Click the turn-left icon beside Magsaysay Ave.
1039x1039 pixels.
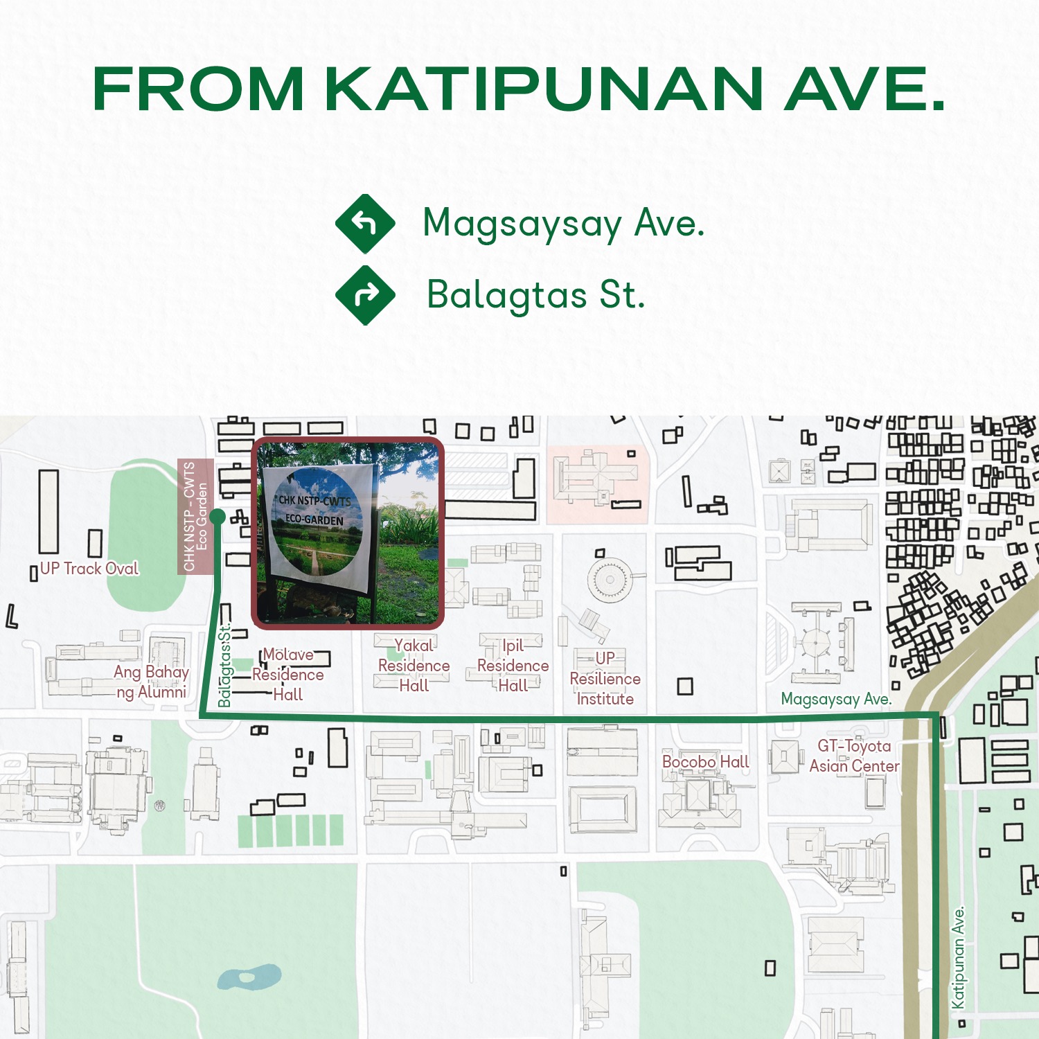(365, 224)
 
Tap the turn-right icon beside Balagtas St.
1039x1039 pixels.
(365, 295)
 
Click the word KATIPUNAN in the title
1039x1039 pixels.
(544, 89)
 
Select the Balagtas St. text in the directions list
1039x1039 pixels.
(535, 295)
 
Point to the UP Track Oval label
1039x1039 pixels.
(89, 569)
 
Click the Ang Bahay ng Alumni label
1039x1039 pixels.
(151, 682)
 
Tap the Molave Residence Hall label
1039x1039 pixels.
(288, 674)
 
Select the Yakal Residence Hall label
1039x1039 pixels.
(414, 665)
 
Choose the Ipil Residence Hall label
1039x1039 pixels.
(513, 665)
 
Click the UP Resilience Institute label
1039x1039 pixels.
(605, 678)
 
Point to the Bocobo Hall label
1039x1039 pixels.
(705, 762)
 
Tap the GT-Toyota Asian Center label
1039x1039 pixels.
(854, 756)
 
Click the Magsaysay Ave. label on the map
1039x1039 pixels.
(836, 699)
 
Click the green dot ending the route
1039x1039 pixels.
(217, 517)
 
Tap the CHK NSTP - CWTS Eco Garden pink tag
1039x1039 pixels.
(195, 516)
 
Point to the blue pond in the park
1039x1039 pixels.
(249, 977)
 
